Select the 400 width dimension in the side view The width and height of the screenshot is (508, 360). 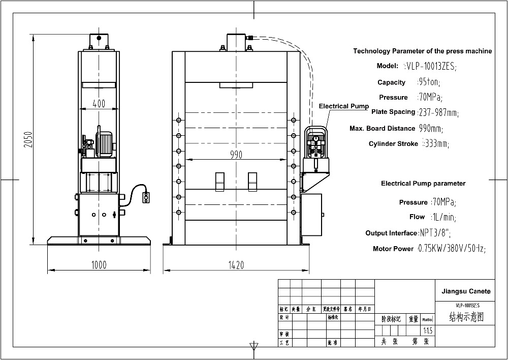(99, 104)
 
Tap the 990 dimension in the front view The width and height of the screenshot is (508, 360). (236, 155)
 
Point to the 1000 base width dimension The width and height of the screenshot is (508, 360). (99, 264)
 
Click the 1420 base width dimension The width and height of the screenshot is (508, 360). (236, 264)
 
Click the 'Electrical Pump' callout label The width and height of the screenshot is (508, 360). (343, 106)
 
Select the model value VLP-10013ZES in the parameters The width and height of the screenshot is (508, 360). (430, 66)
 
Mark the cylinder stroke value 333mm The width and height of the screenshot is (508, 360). (435, 144)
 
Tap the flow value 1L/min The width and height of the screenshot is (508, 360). (443, 217)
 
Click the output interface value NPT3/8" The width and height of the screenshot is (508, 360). (435, 233)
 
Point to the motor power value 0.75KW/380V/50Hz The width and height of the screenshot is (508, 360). (451, 249)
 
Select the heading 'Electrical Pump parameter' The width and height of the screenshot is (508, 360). (423, 184)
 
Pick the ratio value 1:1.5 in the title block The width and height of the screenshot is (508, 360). (428, 331)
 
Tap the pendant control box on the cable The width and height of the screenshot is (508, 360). (147, 197)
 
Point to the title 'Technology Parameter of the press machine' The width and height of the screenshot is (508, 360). (422, 51)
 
